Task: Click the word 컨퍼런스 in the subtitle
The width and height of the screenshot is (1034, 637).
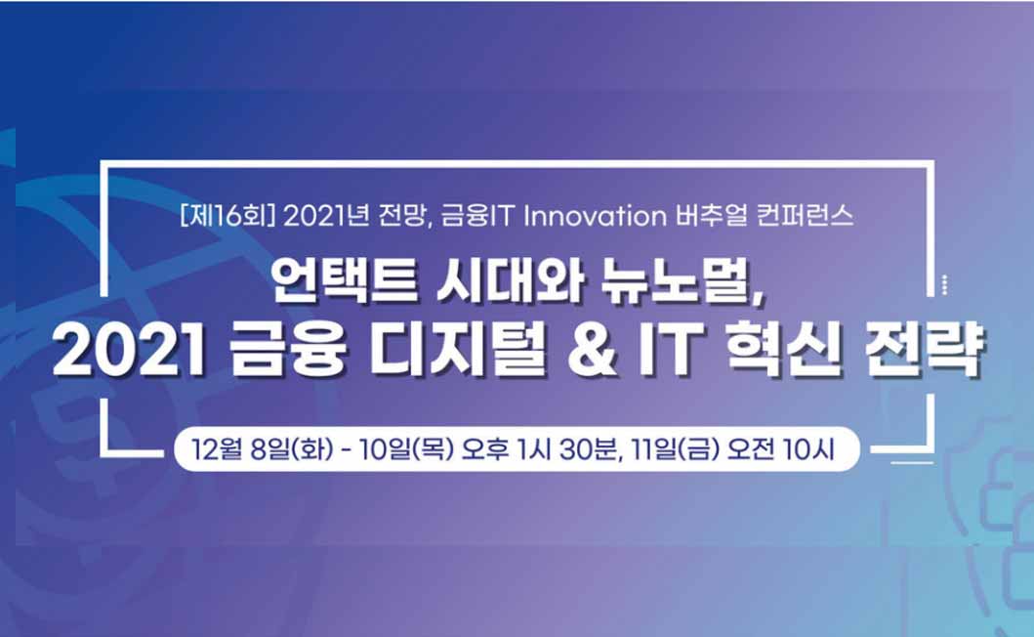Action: pyautogui.click(x=805, y=216)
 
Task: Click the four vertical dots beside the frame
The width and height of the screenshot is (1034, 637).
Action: pyautogui.click(x=945, y=284)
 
